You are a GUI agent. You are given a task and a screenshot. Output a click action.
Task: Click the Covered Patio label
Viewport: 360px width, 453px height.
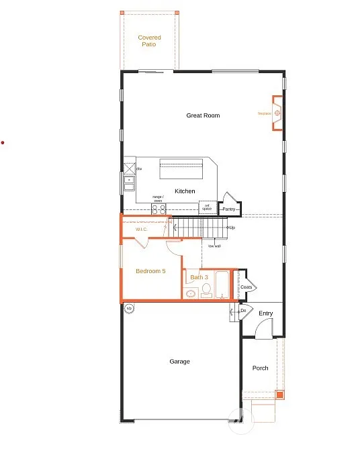point(149,41)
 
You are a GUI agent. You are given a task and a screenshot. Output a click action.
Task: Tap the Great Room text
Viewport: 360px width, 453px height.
point(203,115)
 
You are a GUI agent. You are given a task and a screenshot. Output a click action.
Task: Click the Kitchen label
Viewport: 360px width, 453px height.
point(185,191)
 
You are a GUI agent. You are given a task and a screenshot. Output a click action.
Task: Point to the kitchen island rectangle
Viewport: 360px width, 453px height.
point(181,168)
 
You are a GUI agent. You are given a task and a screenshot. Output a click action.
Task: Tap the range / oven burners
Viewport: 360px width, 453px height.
point(159,209)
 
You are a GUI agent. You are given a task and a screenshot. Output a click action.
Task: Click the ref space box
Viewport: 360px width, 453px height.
point(208,207)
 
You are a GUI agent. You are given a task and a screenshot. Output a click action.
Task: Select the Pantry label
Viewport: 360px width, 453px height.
point(229,209)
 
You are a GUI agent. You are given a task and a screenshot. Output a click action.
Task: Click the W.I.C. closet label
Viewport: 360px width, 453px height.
point(142,230)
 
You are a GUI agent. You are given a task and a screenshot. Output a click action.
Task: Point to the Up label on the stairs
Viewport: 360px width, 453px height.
point(231,228)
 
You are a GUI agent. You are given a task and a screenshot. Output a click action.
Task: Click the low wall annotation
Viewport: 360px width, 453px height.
point(214,246)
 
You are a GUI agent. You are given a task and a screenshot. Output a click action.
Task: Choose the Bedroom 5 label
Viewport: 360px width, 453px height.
point(150,271)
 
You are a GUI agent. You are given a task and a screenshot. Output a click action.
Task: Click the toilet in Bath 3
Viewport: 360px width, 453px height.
point(207,291)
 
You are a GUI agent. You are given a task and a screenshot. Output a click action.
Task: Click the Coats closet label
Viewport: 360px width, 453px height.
point(246,287)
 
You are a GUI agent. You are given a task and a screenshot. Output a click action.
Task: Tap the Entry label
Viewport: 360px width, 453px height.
point(266,313)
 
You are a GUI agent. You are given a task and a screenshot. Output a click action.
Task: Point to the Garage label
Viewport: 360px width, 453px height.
point(179,362)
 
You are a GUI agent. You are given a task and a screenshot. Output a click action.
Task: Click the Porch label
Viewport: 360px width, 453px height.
point(260,368)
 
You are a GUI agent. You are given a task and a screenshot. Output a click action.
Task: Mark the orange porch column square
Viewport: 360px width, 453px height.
point(280,394)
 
